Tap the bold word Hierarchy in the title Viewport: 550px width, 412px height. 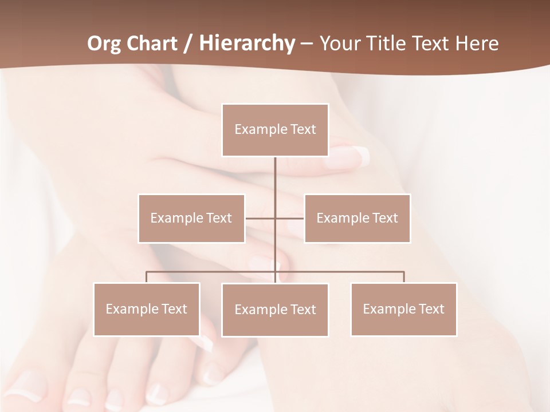pos(246,44)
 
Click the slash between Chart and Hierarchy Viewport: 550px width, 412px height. pos(187,44)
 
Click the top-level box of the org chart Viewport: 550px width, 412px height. pos(275,130)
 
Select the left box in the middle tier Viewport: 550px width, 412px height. pos(191,219)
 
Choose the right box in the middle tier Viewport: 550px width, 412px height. pos(357,219)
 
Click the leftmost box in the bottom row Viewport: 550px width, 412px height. pos(147,310)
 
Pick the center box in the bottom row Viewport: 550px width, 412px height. pos(275,310)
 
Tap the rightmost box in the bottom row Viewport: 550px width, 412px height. pos(404,310)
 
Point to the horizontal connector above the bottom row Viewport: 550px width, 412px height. pos(212,272)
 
